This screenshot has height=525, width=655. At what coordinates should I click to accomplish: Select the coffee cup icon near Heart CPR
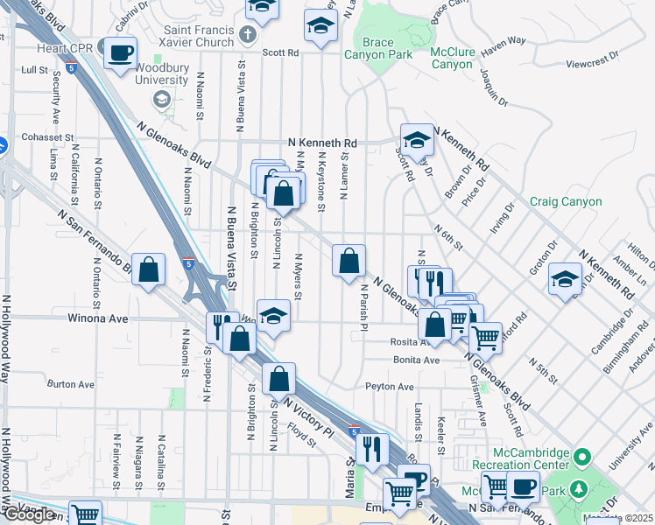pos(119,52)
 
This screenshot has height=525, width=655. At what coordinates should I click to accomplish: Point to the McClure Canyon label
pos(452,58)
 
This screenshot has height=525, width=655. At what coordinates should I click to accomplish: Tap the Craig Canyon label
pos(566,202)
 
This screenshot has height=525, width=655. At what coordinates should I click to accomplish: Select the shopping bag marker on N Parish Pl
pos(349,261)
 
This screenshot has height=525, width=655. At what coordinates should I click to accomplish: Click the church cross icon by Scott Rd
pos(248,36)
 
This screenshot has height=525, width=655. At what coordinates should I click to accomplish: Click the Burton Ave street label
pos(70,384)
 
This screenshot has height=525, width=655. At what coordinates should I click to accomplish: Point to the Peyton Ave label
pos(389,386)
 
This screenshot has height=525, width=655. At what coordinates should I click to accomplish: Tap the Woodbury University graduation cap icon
pos(161,99)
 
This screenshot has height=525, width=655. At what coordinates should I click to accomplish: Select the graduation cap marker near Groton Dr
pos(565,279)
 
